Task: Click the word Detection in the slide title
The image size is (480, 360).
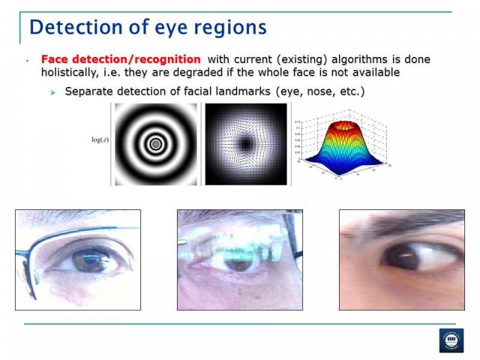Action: pos(70,27)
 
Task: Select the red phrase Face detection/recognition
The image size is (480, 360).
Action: pos(121,59)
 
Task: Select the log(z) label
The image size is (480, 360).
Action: pos(99,140)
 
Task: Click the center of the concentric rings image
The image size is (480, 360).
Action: pos(155,144)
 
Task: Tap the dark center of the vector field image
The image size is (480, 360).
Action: pos(246,144)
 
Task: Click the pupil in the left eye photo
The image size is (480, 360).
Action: pos(91,261)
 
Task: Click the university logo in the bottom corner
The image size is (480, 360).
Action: pos(451,340)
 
